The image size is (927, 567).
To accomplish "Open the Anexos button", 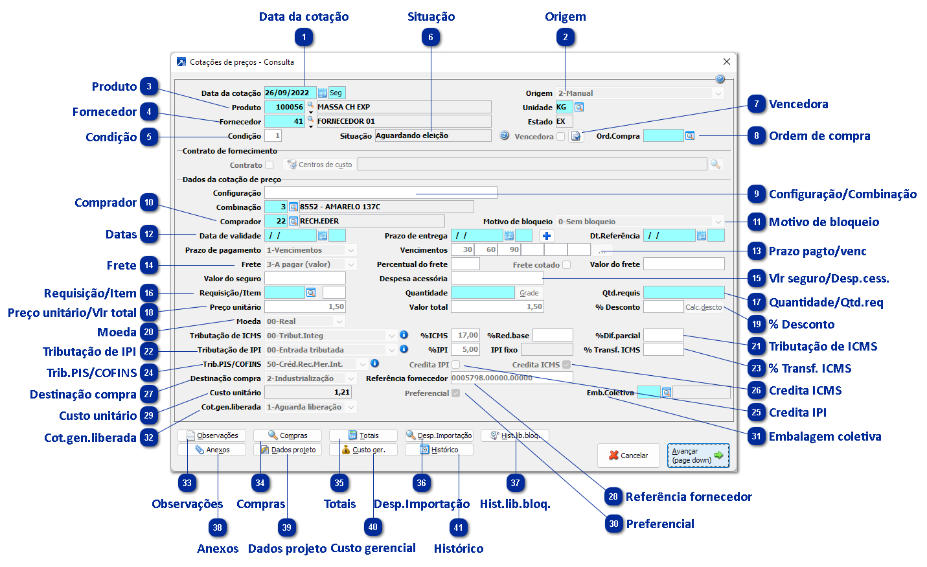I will tap(212, 450).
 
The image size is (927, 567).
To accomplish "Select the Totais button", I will tap(363, 435).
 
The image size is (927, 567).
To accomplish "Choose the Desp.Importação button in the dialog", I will tap(439, 435).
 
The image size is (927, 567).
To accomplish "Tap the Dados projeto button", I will tap(288, 450).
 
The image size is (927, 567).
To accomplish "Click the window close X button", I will tap(726, 62).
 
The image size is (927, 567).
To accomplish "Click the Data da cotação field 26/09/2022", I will tap(290, 93).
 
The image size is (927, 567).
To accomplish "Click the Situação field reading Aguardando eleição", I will tap(432, 135).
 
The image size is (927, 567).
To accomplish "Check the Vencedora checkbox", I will tap(561, 137).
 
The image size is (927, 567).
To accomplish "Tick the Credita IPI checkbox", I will tap(456, 365).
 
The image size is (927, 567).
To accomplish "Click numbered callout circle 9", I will tap(756, 194).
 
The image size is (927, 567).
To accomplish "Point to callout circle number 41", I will tap(458, 527).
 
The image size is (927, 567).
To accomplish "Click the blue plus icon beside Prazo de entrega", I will tap(547, 236).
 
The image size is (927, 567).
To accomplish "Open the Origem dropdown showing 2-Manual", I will tap(640, 93).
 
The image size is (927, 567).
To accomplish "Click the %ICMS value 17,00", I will tap(465, 336).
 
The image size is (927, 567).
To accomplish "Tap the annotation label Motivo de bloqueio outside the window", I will tap(824, 222).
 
